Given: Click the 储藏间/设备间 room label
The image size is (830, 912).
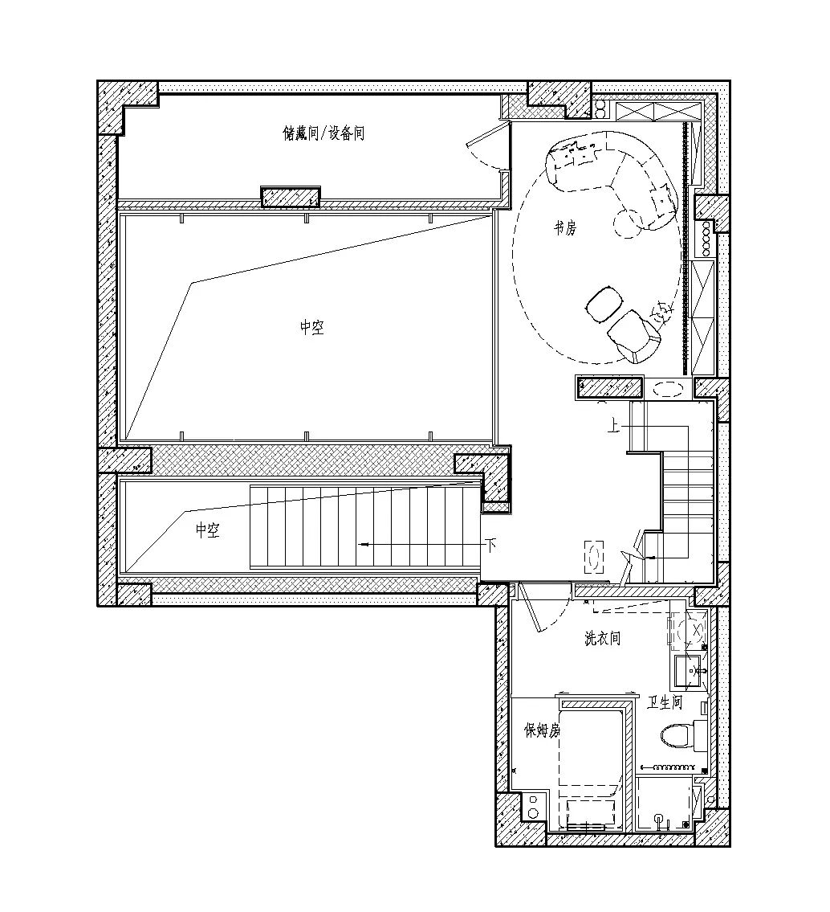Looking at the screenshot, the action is pyautogui.click(x=323, y=133).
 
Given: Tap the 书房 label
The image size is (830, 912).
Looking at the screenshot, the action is pyautogui.click(x=564, y=227).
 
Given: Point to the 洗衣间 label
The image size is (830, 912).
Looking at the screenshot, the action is pyautogui.click(x=602, y=638).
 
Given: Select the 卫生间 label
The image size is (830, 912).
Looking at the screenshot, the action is pyautogui.click(x=665, y=702).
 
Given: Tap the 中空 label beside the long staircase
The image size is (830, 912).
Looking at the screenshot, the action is pyautogui.click(x=207, y=530).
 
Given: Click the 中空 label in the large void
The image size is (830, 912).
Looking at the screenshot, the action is pyautogui.click(x=312, y=328).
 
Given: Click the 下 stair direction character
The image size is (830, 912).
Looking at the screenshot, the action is pyautogui.click(x=491, y=546).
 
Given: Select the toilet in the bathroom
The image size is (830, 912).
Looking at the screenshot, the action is pyautogui.click(x=677, y=734).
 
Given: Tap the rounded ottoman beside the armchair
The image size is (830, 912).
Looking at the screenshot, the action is pyautogui.click(x=604, y=303).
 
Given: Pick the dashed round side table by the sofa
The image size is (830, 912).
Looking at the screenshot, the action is pyautogui.click(x=627, y=223).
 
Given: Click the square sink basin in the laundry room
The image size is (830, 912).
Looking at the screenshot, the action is pyautogui.click(x=690, y=671).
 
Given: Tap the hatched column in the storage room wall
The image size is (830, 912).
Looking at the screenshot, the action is pyautogui.click(x=291, y=197).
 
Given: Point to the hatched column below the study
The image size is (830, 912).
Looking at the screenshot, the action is pyautogui.click(x=610, y=387).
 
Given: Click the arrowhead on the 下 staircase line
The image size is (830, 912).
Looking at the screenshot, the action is pyautogui.click(x=364, y=545).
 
